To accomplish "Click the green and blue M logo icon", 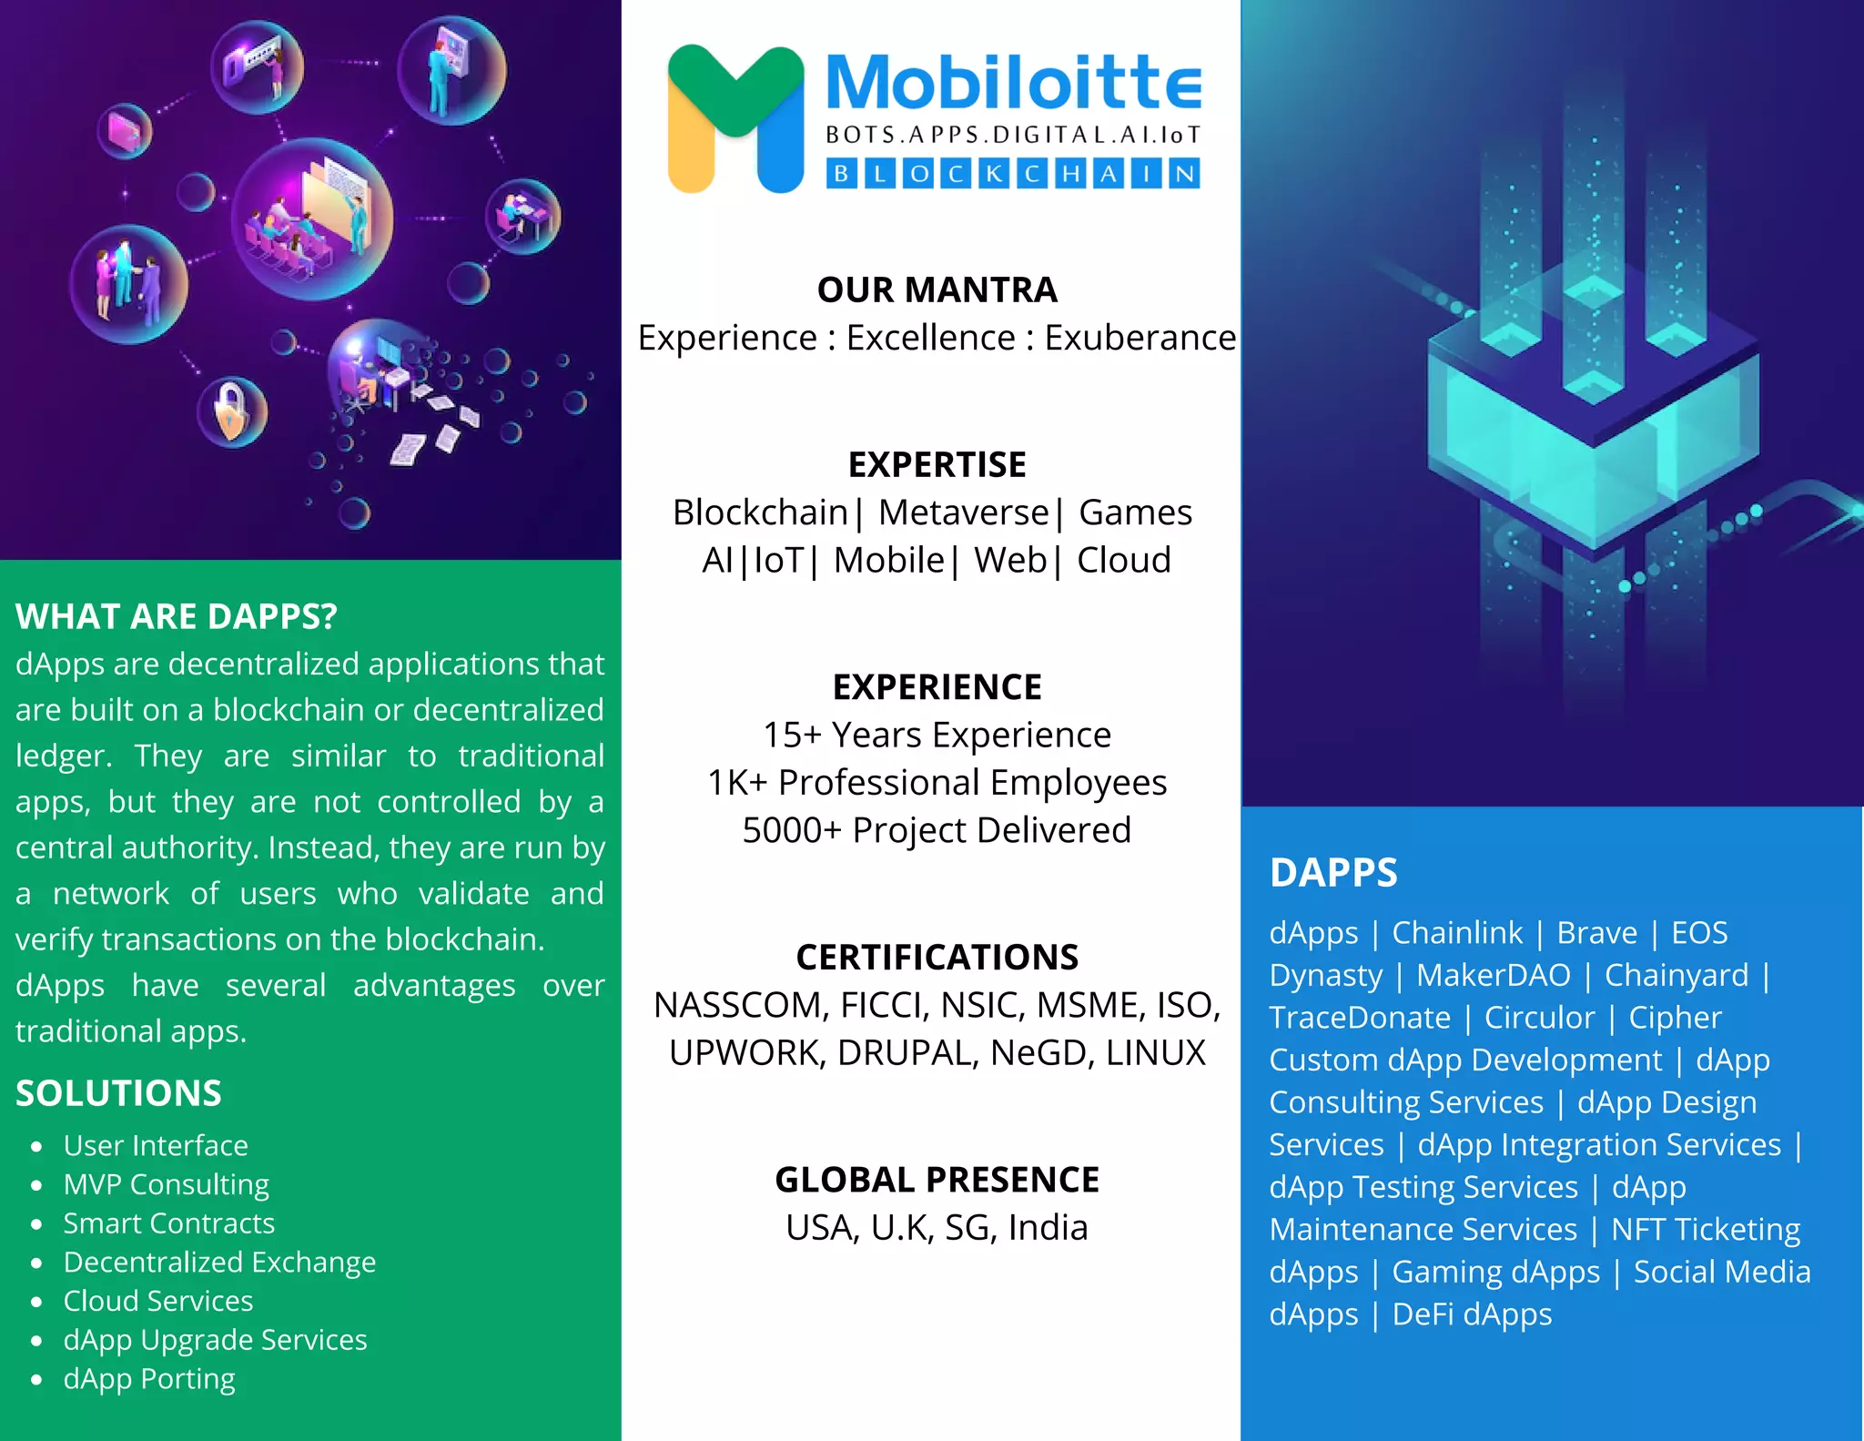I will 735,118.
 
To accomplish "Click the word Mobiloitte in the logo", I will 1013,84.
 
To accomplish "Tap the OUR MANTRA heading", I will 937,290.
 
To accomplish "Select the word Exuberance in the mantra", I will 1140,338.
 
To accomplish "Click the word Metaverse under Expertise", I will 964,512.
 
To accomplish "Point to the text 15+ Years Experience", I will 937,735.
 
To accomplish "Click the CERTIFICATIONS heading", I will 937,958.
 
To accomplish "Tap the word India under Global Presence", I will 1048,1228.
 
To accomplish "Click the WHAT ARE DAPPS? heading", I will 176,616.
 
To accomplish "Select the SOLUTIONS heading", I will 118,1093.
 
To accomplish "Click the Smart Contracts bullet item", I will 168,1223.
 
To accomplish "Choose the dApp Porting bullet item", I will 149,1379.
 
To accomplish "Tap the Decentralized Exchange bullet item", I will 219,1263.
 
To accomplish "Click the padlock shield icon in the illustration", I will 232,411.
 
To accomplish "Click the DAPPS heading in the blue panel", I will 1333,873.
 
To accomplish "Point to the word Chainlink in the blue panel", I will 1457,933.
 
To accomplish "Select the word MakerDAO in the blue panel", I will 1494,976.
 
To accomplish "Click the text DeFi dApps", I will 1472,1314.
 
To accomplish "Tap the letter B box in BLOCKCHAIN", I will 842,174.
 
